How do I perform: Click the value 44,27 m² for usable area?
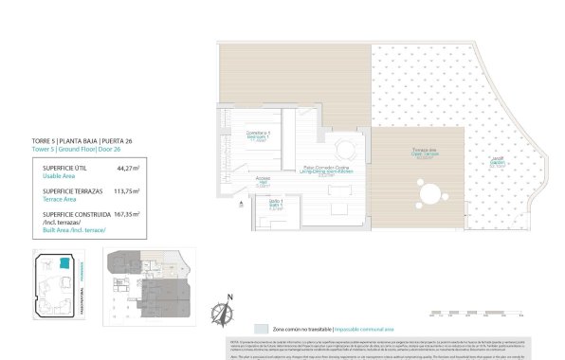tap(127, 168)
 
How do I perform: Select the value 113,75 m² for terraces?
tap(125, 190)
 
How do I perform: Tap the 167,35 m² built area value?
tap(125, 214)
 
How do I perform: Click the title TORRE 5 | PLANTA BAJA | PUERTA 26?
tap(82, 141)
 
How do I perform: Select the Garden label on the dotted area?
tap(496, 159)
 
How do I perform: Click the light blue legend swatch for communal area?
tap(261, 327)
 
